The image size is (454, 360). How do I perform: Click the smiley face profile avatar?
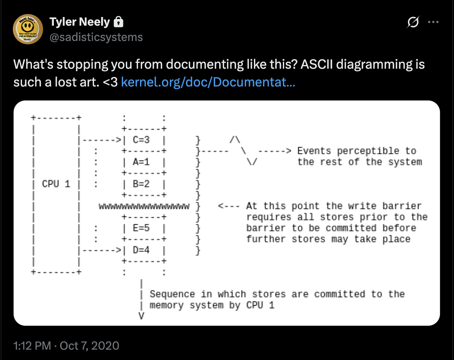click(28, 29)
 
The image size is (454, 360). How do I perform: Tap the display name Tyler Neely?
click(80, 22)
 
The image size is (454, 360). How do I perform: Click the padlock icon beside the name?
click(118, 22)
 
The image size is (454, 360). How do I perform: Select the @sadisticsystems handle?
click(96, 37)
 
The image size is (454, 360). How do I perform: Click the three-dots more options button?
click(433, 23)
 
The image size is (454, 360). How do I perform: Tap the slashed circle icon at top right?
click(413, 23)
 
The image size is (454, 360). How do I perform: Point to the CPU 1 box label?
click(56, 184)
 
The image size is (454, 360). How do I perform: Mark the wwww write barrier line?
click(144, 206)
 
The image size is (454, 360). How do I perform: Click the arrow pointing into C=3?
click(101, 140)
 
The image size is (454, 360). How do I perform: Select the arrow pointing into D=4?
click(101, 250)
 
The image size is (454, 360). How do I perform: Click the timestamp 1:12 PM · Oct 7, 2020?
click(66, 346)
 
